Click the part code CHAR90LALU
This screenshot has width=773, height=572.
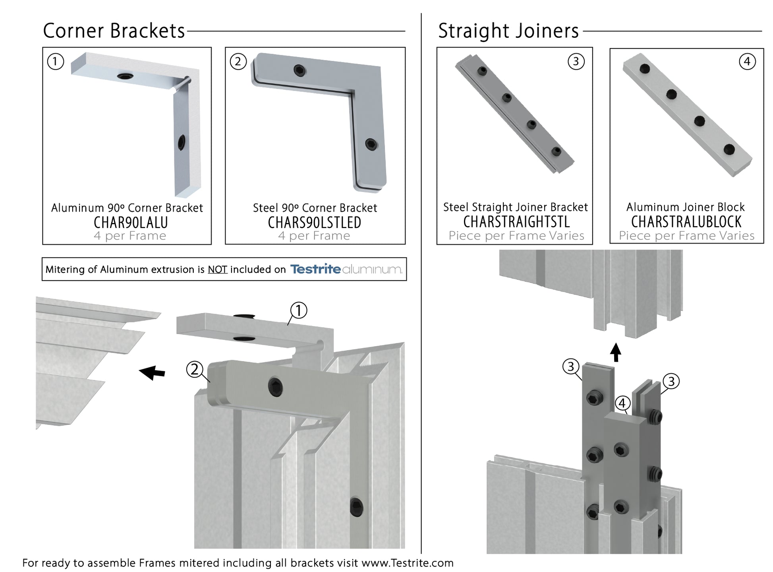pyautogui.click(x=131, y=222)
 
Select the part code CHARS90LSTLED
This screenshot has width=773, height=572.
pyautogui.click(x=315, y=222)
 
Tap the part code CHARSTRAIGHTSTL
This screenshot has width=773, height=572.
pyautogui.click(x=516, y=221)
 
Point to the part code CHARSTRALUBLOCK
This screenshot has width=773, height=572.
pyautogui.click(x=686, y=221)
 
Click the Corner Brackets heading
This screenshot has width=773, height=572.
pyautogui.click(x=114, y=31)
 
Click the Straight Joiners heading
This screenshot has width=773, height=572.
pyautogui.click(x=508, y=31)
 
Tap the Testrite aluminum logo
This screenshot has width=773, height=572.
pyautogui.click(x=346, y=269)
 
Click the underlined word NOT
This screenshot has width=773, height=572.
pyautogui.click(x=217, y=270)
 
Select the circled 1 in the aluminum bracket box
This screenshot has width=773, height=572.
pyautogui.click(x=56, y=62)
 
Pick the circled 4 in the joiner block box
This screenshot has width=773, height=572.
pyautogui.click(x=747, y=62)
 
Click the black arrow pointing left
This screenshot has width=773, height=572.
pyautogui.click(x=152, y=372)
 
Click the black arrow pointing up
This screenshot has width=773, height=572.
pyautogui.click(x=616, y=352)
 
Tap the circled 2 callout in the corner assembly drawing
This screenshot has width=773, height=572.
pyautogui.click(x=195, y=369)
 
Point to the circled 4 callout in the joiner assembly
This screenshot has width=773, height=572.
pyautogui.click(x=622, y=403)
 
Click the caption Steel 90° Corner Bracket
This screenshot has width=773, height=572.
pyautogui.click(x=315, y=208)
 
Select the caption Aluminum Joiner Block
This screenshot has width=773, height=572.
pyautogui.click(x=685, y=207)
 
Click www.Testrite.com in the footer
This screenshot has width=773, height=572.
pyautogui.click(x=407, y=563)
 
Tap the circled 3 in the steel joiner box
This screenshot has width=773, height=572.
pyautogui.click(x=576, y=62)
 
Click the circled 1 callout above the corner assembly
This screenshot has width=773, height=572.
pyautogui.click(x=298, y=310)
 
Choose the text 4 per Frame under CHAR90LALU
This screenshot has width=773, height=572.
pyautogui.click(x=130, y=236)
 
